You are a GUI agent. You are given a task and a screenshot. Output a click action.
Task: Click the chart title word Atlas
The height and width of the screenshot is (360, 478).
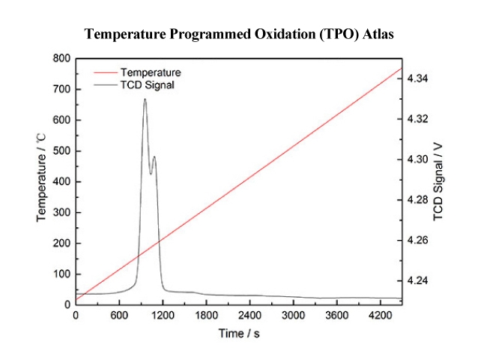pyautogui.click(x=377, y=34)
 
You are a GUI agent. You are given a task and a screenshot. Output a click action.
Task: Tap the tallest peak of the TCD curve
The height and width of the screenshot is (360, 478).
pyautogui.click(x=145, y=99)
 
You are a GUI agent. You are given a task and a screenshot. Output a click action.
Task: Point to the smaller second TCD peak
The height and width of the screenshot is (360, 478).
pyautogui.click(x=154, y=157)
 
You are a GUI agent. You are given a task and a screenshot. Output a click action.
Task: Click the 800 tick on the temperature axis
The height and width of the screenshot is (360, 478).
pyautogui.click(x=62, y=58)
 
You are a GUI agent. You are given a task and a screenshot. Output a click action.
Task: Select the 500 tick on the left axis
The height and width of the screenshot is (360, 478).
pyautogui.click(x=62, y=151)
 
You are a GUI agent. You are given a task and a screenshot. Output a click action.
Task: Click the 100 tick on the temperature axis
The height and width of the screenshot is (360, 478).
pyautogui.click(x=62, y=274)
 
